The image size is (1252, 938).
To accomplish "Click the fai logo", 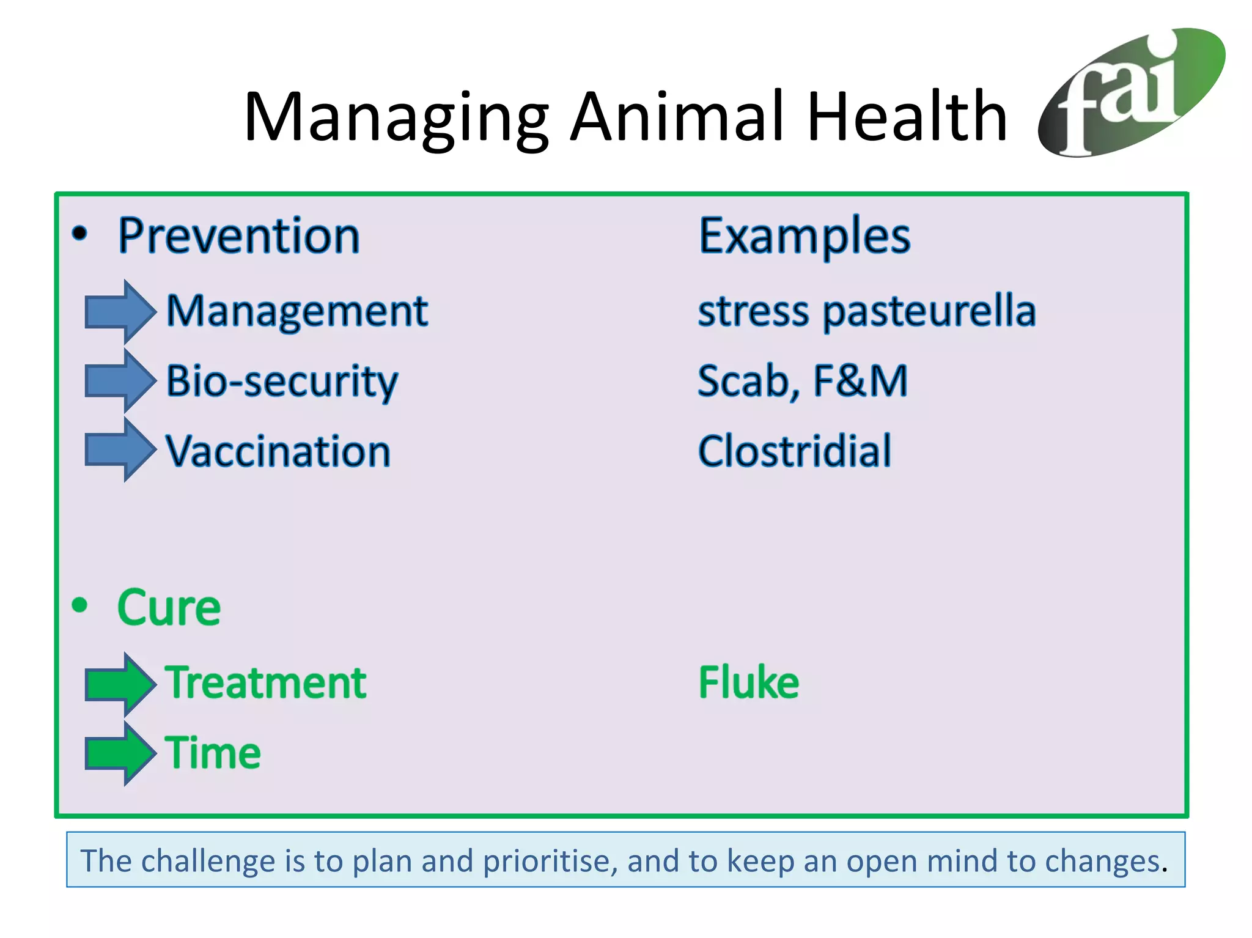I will (x=1131, y=93).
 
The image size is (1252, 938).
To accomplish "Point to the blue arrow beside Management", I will (x=120, y=312).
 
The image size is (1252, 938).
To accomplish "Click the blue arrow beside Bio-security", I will (x=120, y=381).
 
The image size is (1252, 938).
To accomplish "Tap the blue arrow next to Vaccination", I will (x=120, y=450).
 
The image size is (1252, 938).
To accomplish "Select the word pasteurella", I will (x=929, y=312).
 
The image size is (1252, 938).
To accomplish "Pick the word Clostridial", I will (x=795, y=451).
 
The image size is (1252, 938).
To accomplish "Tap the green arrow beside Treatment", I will (x=120, y=684).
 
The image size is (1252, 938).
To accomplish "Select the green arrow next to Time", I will (x=120, y=753).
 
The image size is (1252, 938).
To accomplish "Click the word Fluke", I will (x=749, y=682).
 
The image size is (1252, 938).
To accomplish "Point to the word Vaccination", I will (x=278, y=451).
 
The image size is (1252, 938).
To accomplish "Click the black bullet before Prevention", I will (x=80, y=233).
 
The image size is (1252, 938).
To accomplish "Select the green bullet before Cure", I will (x=80, y=605).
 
